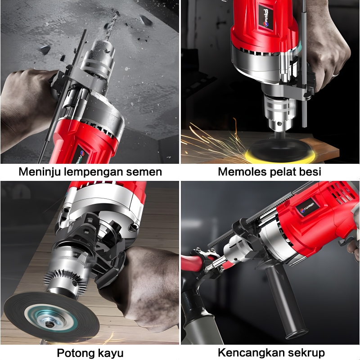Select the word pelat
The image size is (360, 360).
coord(283,172)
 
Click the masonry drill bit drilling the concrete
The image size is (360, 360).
coord(111,26)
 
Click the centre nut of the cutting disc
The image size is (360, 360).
coord(49,324)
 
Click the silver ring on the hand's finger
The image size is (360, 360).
coord(336,74)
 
